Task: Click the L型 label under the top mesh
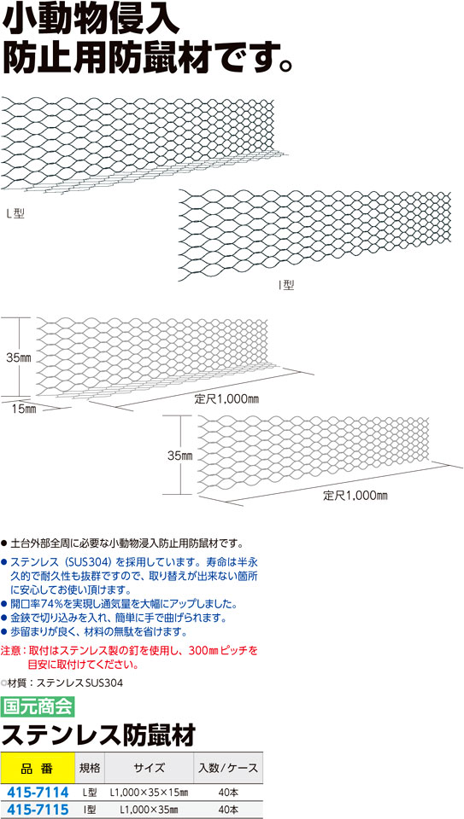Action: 15,213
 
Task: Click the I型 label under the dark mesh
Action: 286,285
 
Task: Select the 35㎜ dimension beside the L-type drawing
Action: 20,357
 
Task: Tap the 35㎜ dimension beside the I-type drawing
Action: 180,456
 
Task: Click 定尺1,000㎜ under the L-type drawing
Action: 227,399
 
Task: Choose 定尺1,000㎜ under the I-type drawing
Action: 355,496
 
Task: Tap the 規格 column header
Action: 90,768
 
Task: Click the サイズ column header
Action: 149,768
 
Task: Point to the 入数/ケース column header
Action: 228,768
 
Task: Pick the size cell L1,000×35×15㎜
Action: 149,793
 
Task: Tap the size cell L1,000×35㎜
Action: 149,810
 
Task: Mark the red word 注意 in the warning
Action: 10,651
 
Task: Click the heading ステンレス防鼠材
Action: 98,735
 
